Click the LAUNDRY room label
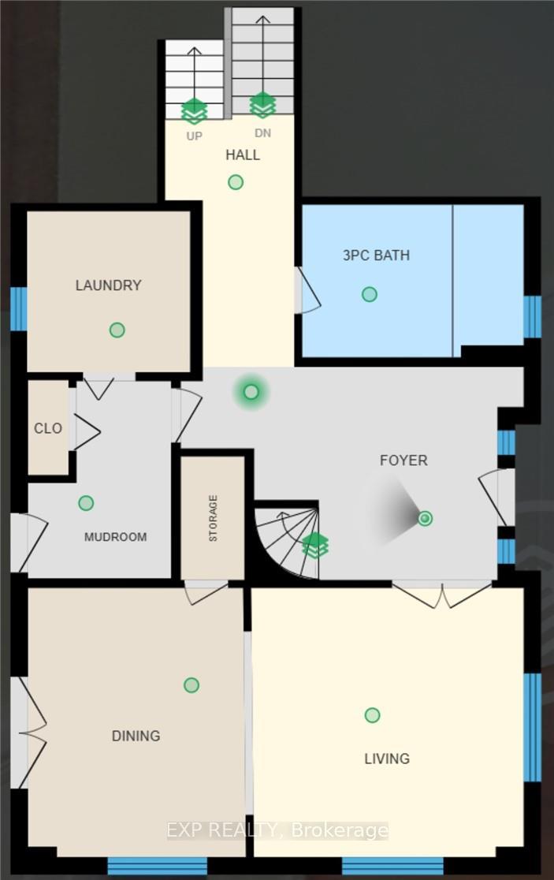pos(108,285)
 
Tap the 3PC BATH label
pos(376,255)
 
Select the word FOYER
pos(403,461)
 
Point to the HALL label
pos(243,155)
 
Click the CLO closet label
pos(47,429)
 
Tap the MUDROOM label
pos(116,537)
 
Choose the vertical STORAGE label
pos(213,518)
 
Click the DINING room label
pos(136,736)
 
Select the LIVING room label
pos(387,759)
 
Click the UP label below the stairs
pos(194,136)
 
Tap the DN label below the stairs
pos(262,133)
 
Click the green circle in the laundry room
pos(117,330)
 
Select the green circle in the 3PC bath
pos(369,294)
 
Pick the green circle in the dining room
pos(191,684)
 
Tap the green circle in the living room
pos(372,715)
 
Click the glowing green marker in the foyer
pos(251,392)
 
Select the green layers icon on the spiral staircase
pos(315,546)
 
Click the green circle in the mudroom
pos(86,503)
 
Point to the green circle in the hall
pos(236,182)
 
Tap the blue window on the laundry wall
pos(18,308)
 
